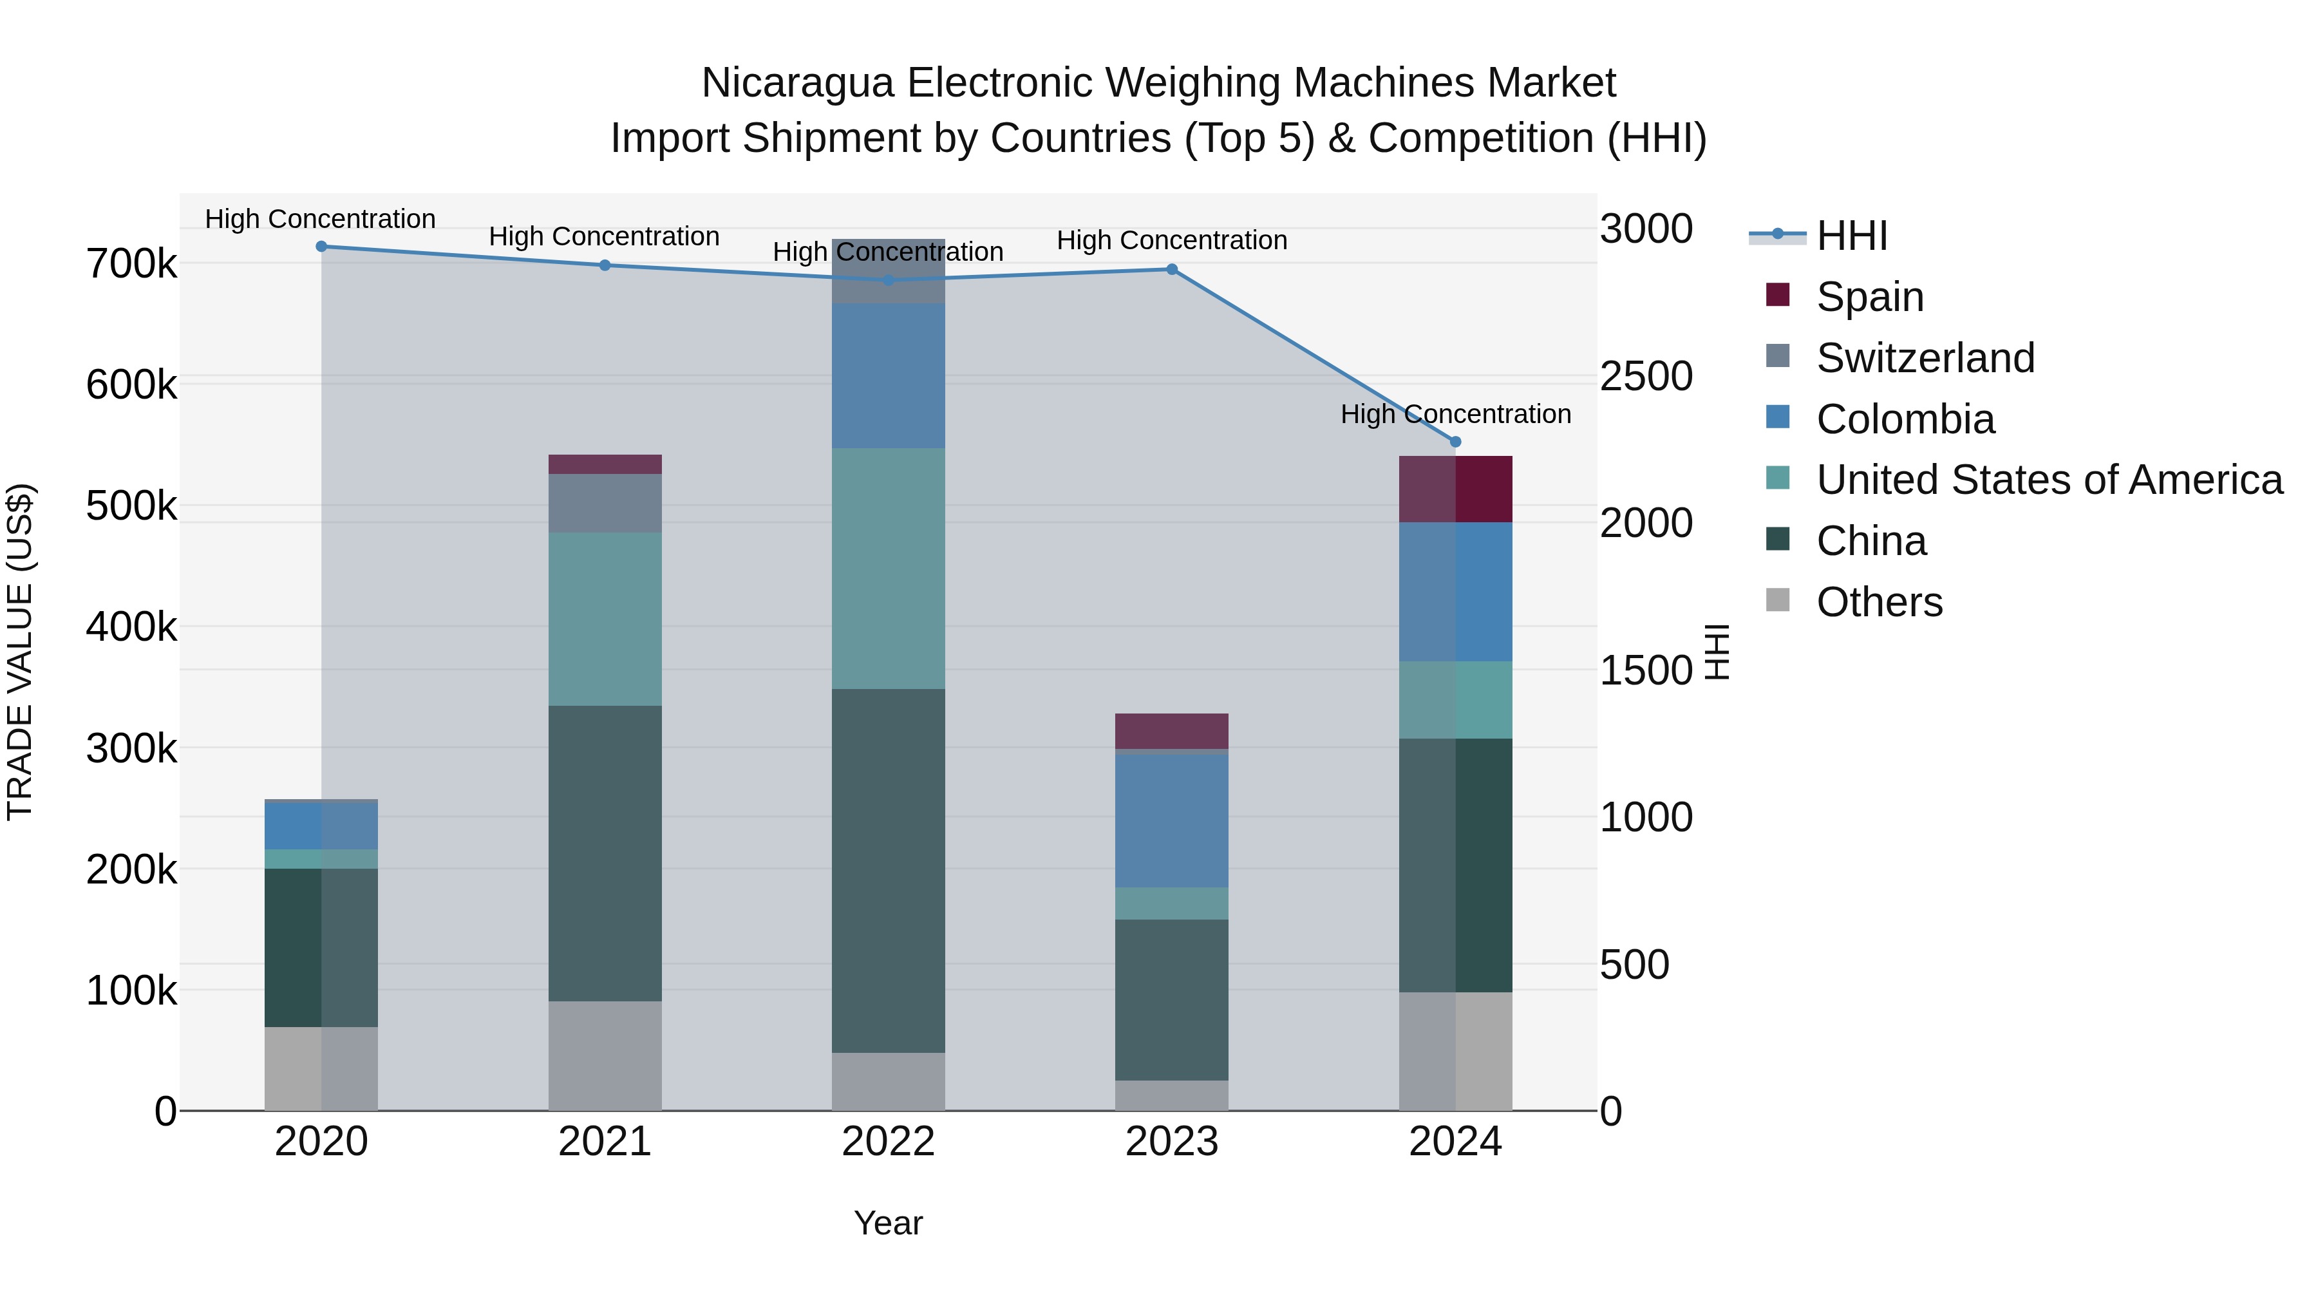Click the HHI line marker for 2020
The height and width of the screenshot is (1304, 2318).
[321, 247]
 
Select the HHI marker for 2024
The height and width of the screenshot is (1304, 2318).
[1455, 442]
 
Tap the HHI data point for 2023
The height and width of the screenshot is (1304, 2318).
[1172, 269]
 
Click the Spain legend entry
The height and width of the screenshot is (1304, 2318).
[1869, 297]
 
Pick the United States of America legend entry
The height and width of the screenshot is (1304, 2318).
[2048, 480]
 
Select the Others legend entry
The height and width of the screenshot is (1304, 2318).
[1879, 602]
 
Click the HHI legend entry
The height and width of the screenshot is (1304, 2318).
[1851, 236]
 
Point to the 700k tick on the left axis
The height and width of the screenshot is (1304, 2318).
[131, 265]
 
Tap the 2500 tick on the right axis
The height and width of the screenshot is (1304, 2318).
[1646, 376]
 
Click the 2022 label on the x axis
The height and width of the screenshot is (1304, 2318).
[888, 1142]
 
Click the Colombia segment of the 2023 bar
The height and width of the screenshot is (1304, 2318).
[1172, 821]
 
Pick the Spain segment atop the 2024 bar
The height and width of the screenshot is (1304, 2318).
[1455, 489]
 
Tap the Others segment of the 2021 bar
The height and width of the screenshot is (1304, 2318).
[605, 1055]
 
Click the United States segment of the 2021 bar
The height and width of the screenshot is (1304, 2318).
[605, 619]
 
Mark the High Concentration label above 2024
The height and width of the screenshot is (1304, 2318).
[1455, 414]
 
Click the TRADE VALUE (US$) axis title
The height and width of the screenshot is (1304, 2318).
[20, 652]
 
